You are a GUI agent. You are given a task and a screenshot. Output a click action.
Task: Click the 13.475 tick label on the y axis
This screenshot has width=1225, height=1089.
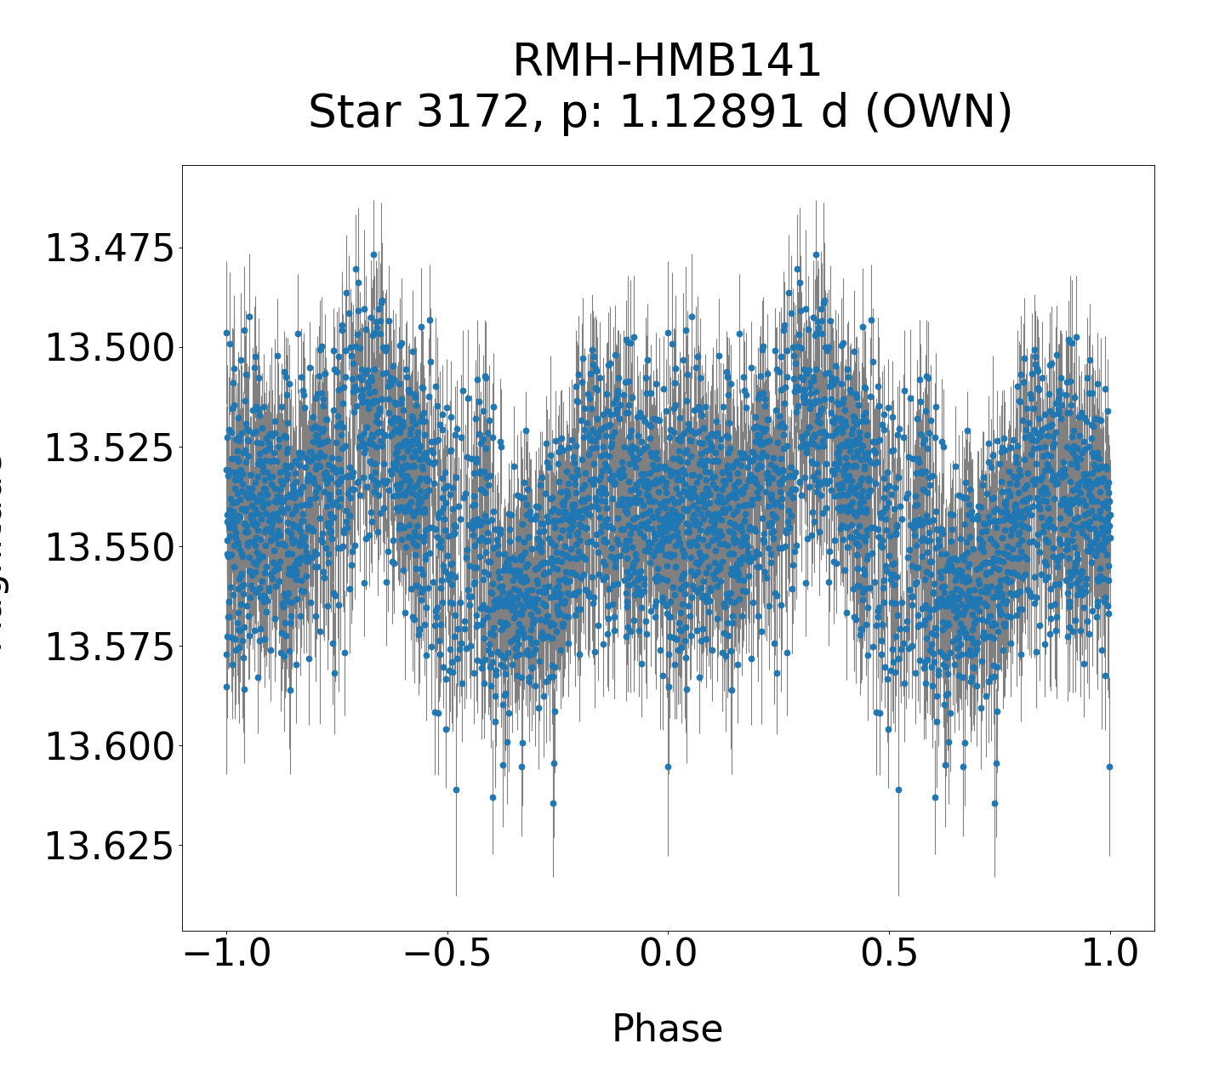pos(108,249)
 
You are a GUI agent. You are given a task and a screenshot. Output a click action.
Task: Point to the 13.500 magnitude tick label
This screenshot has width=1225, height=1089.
pos(108,349)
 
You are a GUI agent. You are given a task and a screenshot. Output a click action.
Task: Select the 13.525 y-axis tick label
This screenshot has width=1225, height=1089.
pos(108,448)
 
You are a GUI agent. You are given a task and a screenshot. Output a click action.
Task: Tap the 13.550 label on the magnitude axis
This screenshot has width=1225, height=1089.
pos(108,547)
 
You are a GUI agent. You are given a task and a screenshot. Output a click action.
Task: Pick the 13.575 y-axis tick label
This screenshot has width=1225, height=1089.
pos(108,647)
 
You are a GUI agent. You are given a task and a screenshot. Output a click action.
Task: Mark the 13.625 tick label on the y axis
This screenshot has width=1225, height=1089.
pos(108,846)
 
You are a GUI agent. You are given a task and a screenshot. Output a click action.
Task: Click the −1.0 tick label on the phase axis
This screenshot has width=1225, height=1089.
pos(226,954)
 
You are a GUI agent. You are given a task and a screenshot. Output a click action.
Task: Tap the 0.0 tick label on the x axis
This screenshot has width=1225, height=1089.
pos(668,954)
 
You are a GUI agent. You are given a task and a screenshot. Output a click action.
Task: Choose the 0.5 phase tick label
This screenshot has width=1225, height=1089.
pos(889,954)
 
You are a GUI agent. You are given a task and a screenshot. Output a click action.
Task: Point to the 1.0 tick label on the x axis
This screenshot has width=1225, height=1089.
pos(1109,954)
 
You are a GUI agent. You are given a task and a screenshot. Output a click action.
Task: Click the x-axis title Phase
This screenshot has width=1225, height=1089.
pos(668,1029)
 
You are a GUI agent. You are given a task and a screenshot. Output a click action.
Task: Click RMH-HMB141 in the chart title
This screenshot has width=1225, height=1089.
pos(668,61)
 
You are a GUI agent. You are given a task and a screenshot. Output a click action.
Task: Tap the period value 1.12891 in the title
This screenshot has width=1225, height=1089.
pos(733,112)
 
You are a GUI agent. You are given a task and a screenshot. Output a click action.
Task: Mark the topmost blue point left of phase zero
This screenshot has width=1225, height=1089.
pos(373,254)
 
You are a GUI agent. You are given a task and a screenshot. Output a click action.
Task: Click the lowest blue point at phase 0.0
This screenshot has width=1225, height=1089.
pos(668,767)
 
